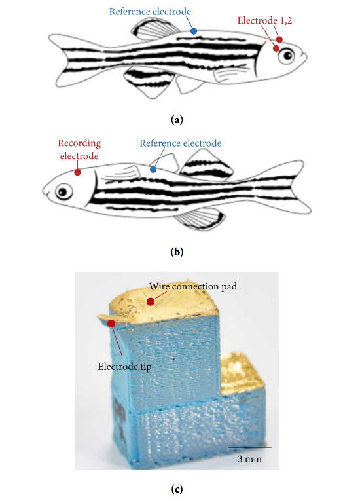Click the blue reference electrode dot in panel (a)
click(x=194, y=31)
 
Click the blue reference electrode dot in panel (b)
click(x=153, y=170)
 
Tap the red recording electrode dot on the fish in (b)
click(x=77, y=172)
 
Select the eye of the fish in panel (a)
click(x=286, y=56)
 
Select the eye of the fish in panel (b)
click(x=63, y=192)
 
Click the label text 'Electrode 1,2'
click(x=265, y=20)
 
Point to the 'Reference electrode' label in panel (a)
click(x=150, y=12)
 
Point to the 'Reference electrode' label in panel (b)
click(x=181, y=143)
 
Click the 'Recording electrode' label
click(x=79, y=149)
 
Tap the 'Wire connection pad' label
click(x=193, y=286)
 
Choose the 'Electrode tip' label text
click(x=125, y=366)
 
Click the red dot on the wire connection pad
click(x=151, y=301)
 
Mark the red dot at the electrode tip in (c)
click(x=111, y=324)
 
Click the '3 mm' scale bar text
click(x=249, y=459)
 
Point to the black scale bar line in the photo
click(x=249, y=447)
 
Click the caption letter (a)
click(x=177, y=120)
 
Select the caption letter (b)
click(x=177, y=251)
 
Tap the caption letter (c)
click(x=177, y=489)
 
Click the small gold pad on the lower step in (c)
click(x=241, y=375)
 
